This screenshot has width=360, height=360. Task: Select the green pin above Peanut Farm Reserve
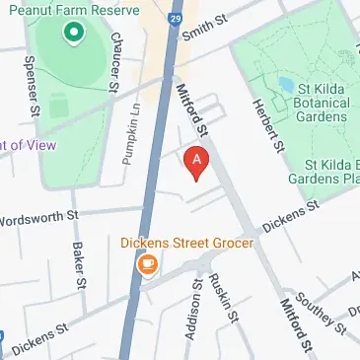(73, 36)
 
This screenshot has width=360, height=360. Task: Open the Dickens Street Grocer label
(187, 242)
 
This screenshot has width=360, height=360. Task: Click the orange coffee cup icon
(148, 264)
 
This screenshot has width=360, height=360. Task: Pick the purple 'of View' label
(28, 144)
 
